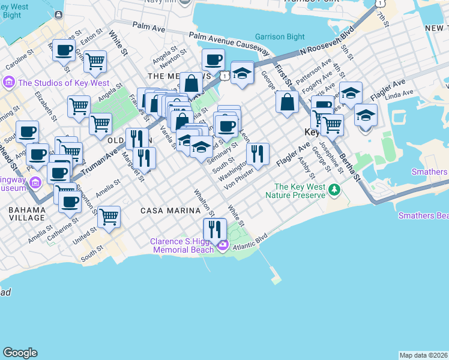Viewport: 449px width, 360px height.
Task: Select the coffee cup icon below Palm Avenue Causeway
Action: pyautogui.click(x=213, y=60)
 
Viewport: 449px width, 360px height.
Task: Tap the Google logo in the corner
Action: pyautogui.click(x=20, y=352)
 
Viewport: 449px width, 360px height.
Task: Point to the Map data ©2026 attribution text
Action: pyautogui.click(x=423, y=355)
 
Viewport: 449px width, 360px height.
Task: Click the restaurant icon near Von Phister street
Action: pyautogui.click(x=258, y=154)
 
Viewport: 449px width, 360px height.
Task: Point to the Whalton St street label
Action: pyautogui.click(x=204, y=203)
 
